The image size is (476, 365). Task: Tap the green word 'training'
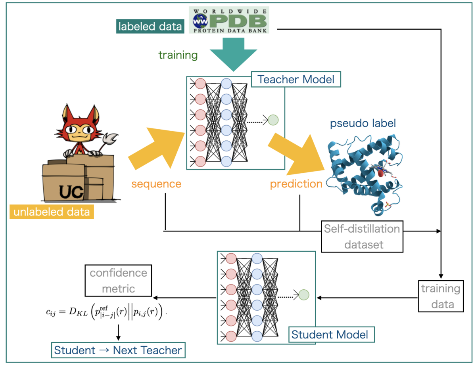click(178, 55)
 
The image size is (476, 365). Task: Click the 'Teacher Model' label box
click(296, 79)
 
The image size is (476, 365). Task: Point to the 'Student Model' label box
click(330, 334)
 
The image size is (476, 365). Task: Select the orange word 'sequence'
click(156, 184)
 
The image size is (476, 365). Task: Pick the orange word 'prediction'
click(296, 184)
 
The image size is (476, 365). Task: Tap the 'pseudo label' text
click(363, 123)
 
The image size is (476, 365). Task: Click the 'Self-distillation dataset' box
click(361, 237)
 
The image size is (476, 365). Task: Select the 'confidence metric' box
click(118, 281)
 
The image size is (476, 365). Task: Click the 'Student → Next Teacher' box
click(118, 350)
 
